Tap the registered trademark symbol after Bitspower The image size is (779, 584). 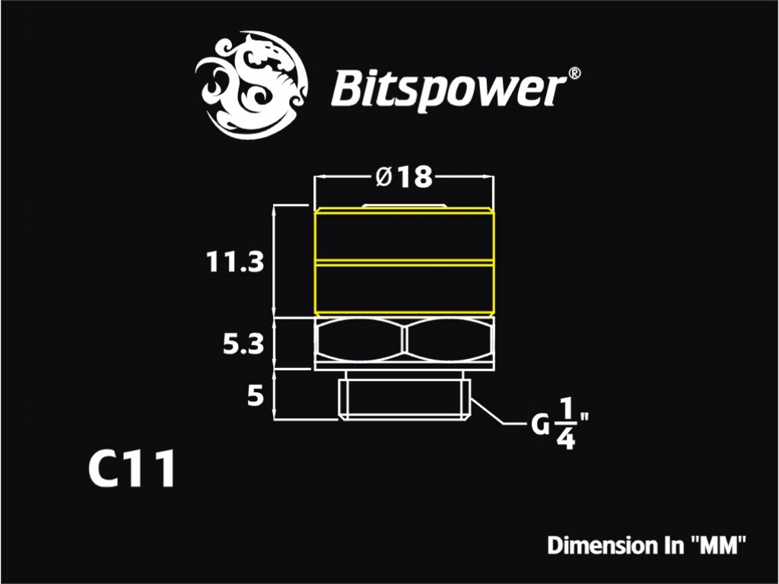click(x=573, y=74)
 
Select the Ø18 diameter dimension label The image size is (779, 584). click(x=404, y=176)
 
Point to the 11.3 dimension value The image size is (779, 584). click(x=235, y=262)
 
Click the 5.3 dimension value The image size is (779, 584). click(x=243, y=344)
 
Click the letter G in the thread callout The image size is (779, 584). click(x=539, y=425)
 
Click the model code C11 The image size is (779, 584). click(x=132, y=468)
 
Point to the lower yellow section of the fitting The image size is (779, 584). click(x=405, y=288)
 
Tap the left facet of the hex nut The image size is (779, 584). click(x=360, y=340)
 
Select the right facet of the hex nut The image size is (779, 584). click(x=450, y=340)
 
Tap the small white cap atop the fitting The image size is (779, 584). click(x=405, y=205)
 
